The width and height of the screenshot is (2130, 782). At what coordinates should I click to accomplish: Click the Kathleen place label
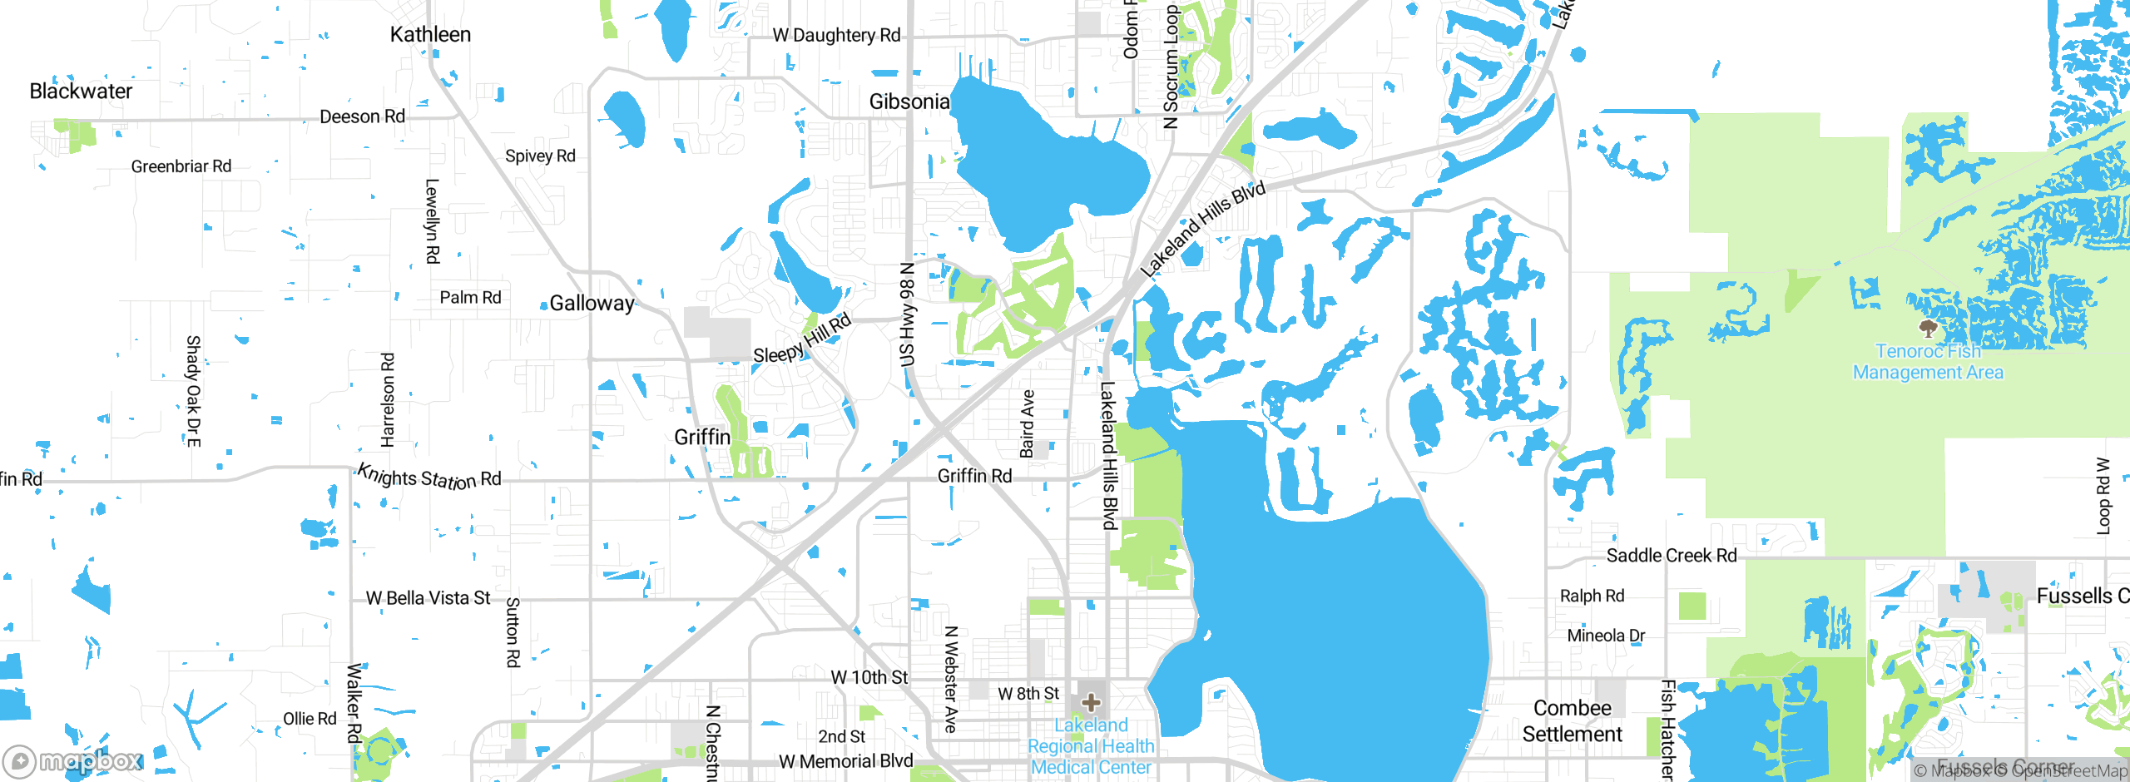pos(430,35)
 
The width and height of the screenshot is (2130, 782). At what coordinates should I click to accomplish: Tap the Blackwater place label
pos(81,92)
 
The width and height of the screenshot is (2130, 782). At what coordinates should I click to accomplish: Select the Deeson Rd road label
pos(362,117)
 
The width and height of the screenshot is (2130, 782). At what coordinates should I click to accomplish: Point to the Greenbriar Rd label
pos(181,166)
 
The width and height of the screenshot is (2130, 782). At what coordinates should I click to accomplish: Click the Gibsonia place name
pos(909,102)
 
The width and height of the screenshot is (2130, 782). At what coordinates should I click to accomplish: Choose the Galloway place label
pos(592,304)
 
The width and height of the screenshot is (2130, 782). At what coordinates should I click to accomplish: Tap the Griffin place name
pos(702,438)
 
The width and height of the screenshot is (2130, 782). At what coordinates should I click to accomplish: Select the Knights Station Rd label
pos(429,478)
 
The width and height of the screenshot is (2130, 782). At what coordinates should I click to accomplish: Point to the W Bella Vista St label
pos(428,598)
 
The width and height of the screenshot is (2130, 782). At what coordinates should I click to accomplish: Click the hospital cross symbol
pos(1091,703)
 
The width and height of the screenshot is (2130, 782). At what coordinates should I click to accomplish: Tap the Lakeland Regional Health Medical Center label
pos(1091,746)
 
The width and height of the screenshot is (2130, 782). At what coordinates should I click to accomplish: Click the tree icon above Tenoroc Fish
pos(1928,327)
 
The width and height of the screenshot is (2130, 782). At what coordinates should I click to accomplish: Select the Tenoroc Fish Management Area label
pos(1928,363)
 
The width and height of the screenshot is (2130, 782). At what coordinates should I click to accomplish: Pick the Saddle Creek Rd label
pos(1672,556)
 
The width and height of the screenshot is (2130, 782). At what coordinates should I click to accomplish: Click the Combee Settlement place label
pos(1573,721)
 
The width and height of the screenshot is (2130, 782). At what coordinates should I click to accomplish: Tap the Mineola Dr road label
pos(1606,636)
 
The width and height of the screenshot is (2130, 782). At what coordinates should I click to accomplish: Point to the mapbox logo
pos(73,760)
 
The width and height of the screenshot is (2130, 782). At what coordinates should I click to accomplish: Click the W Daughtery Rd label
pos(836,36)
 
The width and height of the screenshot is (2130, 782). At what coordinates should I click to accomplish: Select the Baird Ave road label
pos(1028,423)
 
